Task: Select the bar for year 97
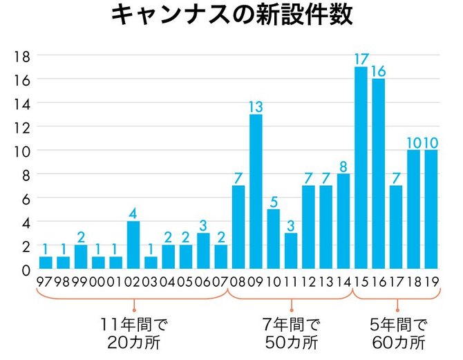point(46,263)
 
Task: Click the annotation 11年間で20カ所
point(134,333)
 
